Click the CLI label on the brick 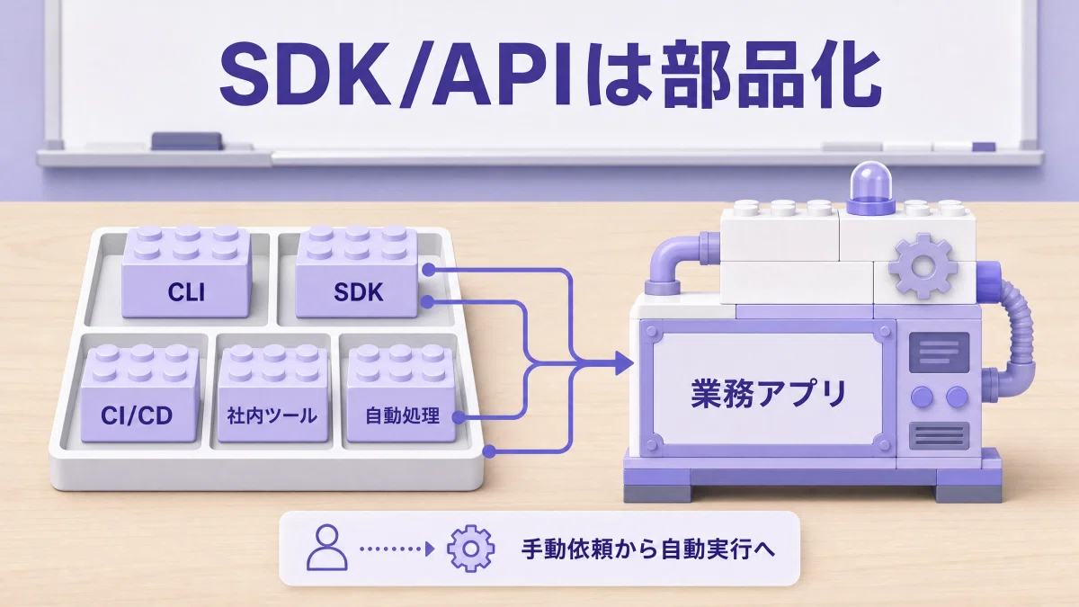(x=186, y=292)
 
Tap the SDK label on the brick (x=359, y=292)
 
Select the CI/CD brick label (x=137, y=415)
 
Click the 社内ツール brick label (x=272, y=415)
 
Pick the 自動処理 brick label (x=402, y=415)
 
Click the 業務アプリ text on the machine (x=769, y=394)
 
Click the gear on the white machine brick (x=923, y=266)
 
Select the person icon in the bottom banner (x=327, y=548)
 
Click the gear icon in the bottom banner (x=470, y=549)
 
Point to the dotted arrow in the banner (x=397, y=549)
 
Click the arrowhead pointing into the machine (x=624, y=362)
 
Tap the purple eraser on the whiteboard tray (x=187, y=141)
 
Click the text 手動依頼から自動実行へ (x=648, y=549)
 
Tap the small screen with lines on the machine (x=939, y=353)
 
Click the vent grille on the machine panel (x=939, y=435)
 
